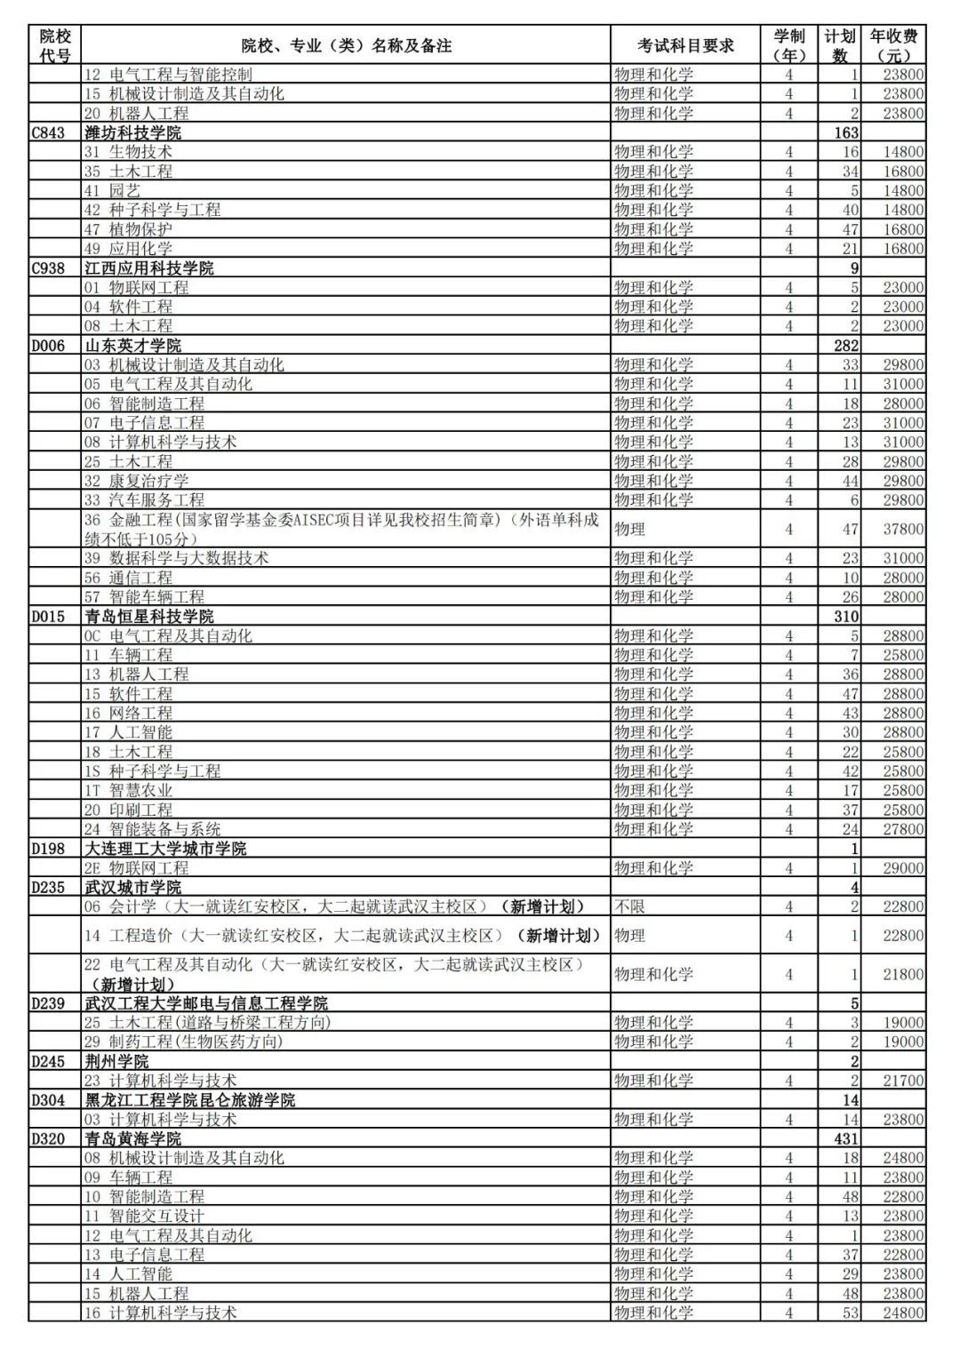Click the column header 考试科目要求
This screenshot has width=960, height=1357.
[x=685, y=45]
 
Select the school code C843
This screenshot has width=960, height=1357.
[x=48, y=132]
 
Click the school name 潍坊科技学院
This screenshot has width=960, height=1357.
[x=132, y=132]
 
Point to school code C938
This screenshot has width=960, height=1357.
[x=48, y=268]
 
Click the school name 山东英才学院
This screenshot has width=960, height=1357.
[x=132, y=346]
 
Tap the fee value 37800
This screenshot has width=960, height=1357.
[x=902, y=529]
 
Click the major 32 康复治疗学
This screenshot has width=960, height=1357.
[x=137, y=481]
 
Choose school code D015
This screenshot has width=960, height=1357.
[x=48, y=617]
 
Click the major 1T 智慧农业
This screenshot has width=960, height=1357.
[x=129, y=791]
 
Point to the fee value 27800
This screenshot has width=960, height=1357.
[x=902, y=829]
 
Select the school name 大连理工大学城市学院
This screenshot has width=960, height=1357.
[x=165, y=849]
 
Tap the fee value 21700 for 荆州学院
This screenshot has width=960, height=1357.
[x=902, y=1081]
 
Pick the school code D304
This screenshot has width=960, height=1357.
[x=48, y=1100]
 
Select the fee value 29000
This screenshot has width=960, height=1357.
[x=902, y=868]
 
